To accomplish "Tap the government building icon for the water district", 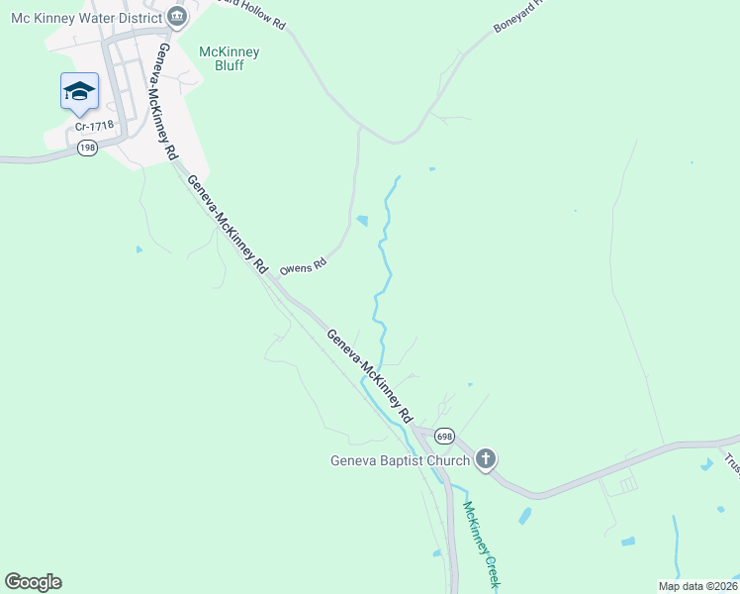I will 176,16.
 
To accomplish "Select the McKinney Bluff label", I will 229,58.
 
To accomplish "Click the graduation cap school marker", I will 79,92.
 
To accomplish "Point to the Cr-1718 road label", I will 95,126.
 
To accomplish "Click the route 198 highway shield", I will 87,148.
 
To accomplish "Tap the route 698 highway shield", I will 444,437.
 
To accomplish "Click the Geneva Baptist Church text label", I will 399,460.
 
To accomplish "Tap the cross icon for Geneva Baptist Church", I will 485,459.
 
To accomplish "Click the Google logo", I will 33,582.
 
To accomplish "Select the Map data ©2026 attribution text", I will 697,586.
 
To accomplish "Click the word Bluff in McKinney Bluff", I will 229,66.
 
